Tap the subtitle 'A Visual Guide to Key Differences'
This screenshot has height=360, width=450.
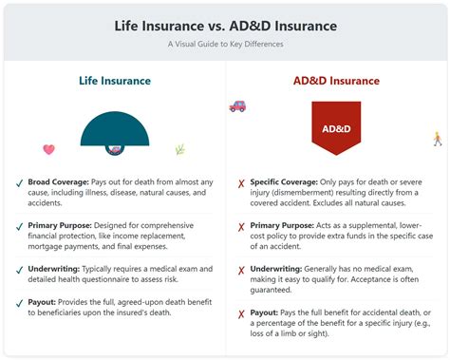point(224,44)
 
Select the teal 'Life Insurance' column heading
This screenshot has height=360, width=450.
point(114,81)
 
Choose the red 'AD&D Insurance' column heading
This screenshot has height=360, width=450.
point(336,81)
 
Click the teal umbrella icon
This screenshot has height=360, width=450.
point(114,133)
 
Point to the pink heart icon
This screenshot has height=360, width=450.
point(49,149)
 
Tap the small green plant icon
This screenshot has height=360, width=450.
point(179,149)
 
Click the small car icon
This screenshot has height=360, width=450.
point(237,107)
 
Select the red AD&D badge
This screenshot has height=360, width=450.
point(336,128)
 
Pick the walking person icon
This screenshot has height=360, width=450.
point(437,139)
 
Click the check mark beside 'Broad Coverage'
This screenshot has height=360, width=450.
point(20,180)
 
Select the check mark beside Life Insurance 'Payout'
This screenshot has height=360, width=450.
point(20,302)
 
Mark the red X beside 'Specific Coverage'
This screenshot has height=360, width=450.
point(241,181)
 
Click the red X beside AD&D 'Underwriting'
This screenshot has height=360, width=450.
point(241,271)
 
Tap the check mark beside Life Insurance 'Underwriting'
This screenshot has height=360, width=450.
point(20,271)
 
